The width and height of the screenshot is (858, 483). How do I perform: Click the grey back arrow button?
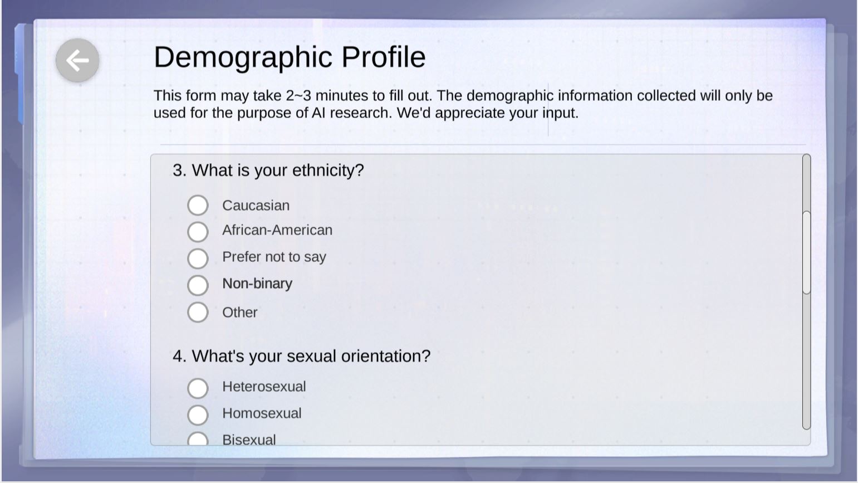[77, 60]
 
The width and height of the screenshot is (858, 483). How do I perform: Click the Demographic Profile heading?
[290, 57]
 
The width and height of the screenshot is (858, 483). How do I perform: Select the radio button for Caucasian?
[198, 205]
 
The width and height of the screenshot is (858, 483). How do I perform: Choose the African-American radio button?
[198, 232]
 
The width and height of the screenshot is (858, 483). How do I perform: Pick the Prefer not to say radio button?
[198, 258]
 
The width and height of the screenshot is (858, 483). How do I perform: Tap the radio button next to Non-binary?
[198, 285]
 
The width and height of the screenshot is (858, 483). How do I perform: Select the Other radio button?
[198, 311]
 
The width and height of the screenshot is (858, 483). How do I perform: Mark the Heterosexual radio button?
[198, 388]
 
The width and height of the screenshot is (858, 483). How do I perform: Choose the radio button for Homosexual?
[198, 414]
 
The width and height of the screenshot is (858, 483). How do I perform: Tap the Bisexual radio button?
[198, 439]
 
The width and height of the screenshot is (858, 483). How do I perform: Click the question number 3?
[179, 170]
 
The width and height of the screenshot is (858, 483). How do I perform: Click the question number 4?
[179, 356]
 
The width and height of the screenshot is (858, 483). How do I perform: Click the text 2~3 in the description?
[298, 96]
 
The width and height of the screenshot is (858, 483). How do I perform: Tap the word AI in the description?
[318, 113]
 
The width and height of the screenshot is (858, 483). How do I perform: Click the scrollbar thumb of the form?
[807, 252]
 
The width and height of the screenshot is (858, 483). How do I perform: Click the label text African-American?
[277, 230]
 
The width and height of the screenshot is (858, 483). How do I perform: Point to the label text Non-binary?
[257, 284]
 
